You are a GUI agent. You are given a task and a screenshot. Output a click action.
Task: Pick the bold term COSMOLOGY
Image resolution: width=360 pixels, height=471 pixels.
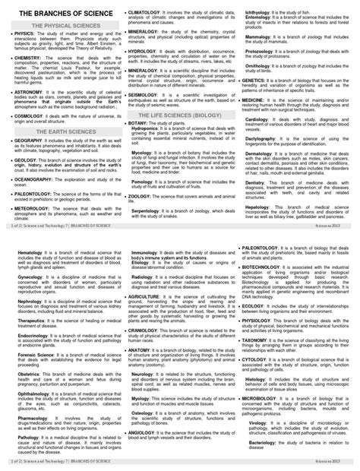click(x=30, y=116)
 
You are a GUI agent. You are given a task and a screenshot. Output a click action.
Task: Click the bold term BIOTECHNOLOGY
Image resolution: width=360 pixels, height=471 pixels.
click(x=265, y=267)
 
